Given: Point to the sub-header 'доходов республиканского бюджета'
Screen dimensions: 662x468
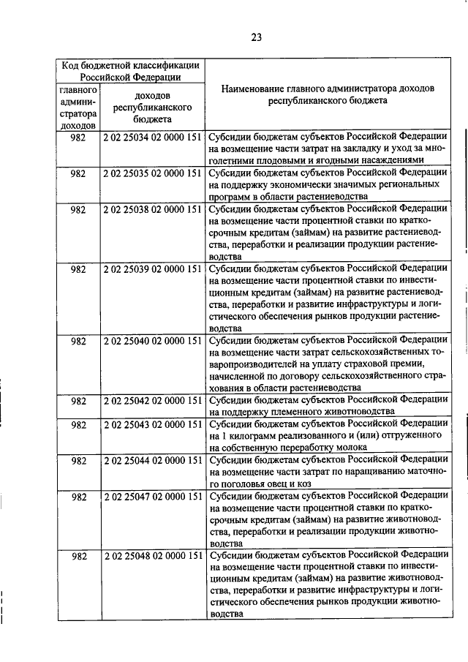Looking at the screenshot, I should [x=153, y=108].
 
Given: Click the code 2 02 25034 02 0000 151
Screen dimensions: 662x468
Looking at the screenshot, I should [x=153, y=137].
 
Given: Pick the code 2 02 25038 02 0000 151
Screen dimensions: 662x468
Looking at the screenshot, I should [x=153, y=208].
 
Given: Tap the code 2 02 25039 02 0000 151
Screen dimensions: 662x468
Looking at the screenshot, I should [x=153, y=268].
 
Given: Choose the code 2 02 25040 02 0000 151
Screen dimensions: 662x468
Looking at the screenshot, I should [x=153, y=340].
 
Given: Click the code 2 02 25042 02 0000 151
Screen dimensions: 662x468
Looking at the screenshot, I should [x=153, y=400].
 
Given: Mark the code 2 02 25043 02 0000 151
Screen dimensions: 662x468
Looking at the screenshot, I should [x=153, y=424].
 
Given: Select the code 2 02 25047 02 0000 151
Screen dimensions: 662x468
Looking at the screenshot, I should [x=153, y=496].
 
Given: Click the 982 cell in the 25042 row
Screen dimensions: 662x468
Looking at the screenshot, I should [x=78, y=400].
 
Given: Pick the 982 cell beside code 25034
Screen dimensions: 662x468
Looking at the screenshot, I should [x=78, y=137].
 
